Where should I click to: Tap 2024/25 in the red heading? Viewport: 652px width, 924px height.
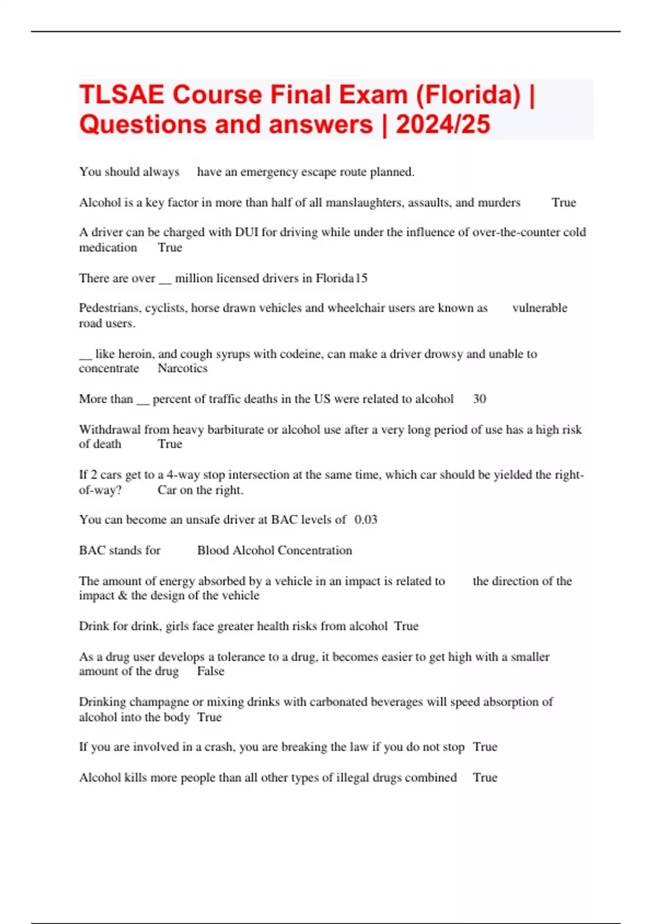(x=443, y=124)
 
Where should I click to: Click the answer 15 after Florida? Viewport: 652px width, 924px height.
(x=361, y=278)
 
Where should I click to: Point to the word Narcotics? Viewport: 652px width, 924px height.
(x=183, y=369)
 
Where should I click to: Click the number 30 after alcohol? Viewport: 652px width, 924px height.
(x=479, y=399)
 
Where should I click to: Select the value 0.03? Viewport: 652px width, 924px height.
(x=366, y=520)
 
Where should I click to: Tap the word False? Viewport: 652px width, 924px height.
(x=211, y=671)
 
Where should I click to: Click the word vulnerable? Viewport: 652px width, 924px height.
(x=540, y=308)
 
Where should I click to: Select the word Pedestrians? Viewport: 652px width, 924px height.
(x=110, y=308)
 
